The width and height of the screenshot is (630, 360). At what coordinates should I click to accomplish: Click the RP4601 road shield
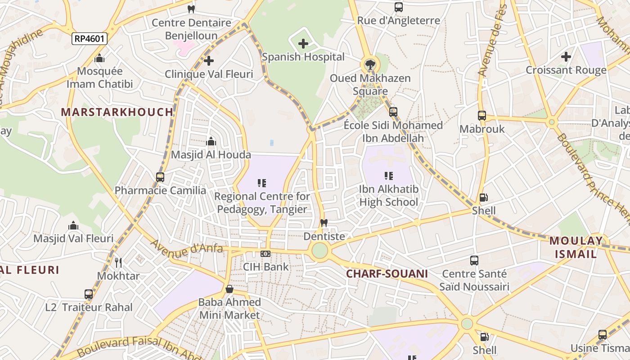(x=90, y=39)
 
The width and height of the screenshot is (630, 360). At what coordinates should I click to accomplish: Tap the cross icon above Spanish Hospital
(x=303, y=44)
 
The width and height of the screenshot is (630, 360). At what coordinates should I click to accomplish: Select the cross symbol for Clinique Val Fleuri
(x=209, y=60)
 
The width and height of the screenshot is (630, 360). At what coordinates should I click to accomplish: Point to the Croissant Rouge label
(x=566, y=70)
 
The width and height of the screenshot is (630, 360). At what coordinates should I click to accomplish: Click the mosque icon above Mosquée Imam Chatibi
(x=99, y=58)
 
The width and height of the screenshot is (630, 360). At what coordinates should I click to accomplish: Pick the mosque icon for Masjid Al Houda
(x=211, y=142)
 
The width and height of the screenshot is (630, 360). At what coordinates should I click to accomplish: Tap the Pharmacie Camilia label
(x=160, y=190)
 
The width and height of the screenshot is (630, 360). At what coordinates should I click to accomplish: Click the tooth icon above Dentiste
(x=323, y=223)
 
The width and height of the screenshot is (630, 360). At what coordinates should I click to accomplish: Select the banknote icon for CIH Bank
(x=265, y=254)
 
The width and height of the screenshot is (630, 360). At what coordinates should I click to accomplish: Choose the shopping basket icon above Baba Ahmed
(x=229, y=289)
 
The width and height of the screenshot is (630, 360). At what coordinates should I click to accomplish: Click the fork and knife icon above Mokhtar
(x=118, y=262)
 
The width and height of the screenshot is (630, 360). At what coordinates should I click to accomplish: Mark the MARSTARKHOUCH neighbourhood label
(x=117, y=112)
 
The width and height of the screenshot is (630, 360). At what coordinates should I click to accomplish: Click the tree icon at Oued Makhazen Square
(x=370, y=64)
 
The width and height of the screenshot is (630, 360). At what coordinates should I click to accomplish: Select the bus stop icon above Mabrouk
(x=482, y=116)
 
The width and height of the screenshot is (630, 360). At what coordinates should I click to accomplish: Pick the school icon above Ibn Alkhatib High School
(x=389, y=176)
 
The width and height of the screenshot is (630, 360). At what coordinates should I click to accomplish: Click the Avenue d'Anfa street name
(x=186, y=247)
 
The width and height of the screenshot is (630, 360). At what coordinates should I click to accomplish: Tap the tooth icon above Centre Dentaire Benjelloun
(x=191, y=9)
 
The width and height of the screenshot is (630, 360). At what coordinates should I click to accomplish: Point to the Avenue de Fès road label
(x=492, y=40)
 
